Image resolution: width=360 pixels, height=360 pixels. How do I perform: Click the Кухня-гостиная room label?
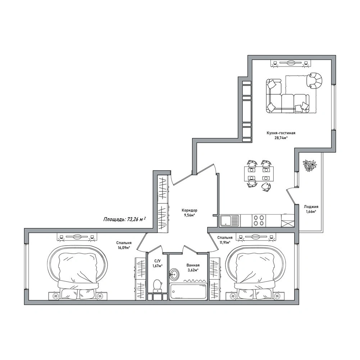click(x=281, y=133)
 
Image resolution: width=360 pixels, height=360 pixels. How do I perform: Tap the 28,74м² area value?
click(x=281, y=138)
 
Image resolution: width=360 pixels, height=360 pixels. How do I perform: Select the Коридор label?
click(x=190, y=210)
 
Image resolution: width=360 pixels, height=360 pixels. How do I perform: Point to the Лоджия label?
click(x=311, y=207)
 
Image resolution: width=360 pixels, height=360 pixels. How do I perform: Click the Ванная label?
click(x=193, y=265)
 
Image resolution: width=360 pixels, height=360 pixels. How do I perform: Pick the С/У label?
click(x=157, y=261)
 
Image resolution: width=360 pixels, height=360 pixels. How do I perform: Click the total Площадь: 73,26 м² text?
click(x=124, y=219)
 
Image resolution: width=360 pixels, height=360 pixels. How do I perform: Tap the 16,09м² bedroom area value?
click(x=124, y=247)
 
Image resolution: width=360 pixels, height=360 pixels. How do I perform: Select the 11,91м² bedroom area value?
click(x=224, y=242)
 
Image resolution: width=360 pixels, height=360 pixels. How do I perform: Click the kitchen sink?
click(x=229, y=220)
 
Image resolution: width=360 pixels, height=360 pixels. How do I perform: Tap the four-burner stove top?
click(x=258, y=220)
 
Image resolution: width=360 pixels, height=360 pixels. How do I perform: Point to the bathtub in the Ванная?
click(x=188, y=292)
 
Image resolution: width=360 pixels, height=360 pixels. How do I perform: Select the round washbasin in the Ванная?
click(x=175, y=274)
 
